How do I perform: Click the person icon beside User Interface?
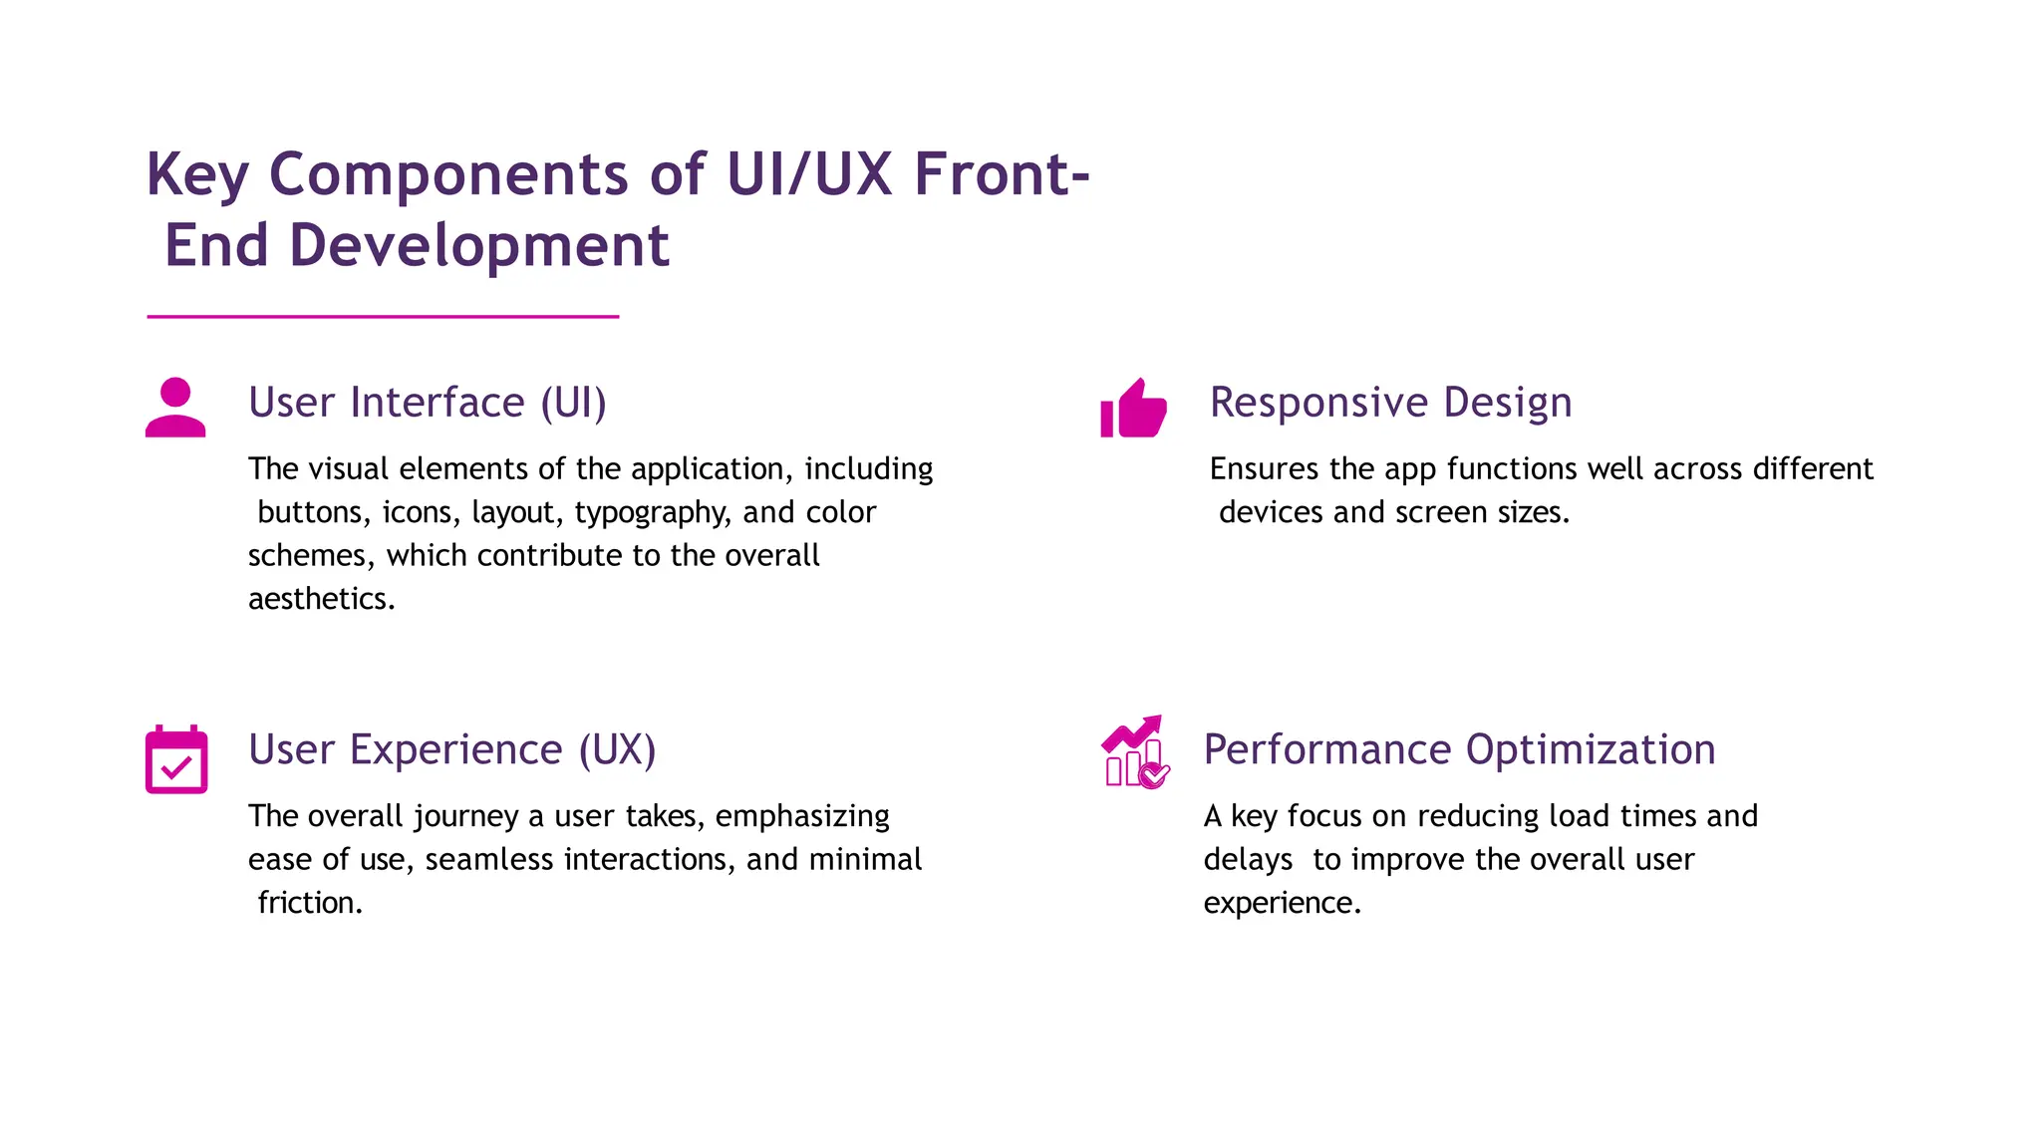pyautogui.click(x=175, y=408)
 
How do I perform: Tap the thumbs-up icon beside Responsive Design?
pyautogui.click(x=1133, y=410)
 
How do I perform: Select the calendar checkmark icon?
pyautogui.click(x=176, y=760)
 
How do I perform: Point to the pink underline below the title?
pyautogui.click(x=383, y=317)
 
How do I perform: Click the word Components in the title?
pyautogui.click(x=448, y=175)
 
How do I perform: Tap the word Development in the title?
pyautogui.click(x=479, y=246)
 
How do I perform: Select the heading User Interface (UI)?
pyautogui.click(x=428, y=403)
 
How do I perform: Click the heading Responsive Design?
pyautogui.click(x=1390, y=403)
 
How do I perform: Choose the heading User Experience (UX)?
pyautogui.click(x=452, y=749)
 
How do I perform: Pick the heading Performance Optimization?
pyautogui.click(x=1459, y=749)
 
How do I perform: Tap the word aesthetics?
pyautogui.click(x=321, y=599)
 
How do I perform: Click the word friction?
pyautogui.click(x=309, y=903)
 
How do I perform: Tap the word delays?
pyautogui.click(x=1248, y=859)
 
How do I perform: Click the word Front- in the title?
pyautogui.click(x=1002, y=175)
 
